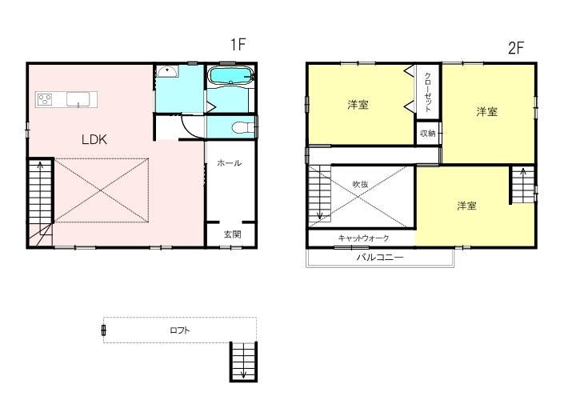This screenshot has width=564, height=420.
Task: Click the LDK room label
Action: (94, 139)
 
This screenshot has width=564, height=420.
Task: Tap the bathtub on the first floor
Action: (230, 76)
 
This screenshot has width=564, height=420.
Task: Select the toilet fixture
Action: (242, 127)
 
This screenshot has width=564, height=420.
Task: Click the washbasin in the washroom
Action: (167, 72)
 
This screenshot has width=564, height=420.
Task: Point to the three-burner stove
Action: (45, 99)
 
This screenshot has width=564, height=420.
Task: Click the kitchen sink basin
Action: (78, 99)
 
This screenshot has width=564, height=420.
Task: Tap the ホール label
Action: (229, 163)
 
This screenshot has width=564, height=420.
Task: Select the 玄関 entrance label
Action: (232, 234)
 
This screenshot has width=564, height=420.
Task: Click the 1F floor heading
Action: (238, 45)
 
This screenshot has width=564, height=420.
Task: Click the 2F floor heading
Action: (516, 48)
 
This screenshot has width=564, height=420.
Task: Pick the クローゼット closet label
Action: (428, 92)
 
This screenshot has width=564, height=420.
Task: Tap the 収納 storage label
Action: (428, 134)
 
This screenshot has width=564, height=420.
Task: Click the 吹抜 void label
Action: (360, 184)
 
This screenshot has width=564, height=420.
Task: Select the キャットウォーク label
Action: (364, 238)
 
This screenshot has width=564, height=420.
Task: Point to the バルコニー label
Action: (380, 258)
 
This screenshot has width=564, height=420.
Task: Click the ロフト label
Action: (180, 330)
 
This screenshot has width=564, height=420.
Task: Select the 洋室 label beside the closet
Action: (358, 105)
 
